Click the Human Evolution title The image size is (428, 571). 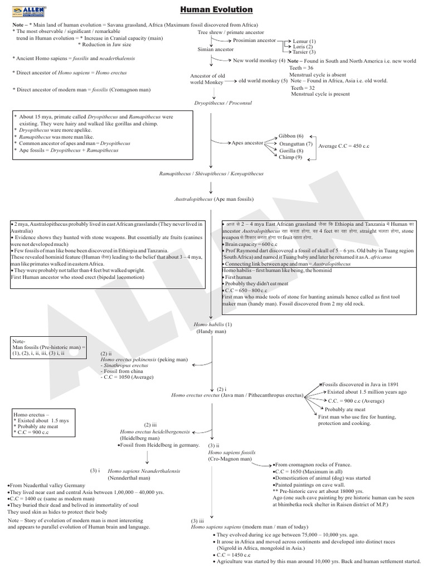(x=217, y=9)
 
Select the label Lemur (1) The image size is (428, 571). (x=304, y=41)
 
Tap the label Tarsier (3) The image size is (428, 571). (x=304, y=52)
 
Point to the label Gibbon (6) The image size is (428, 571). (x=291, y=136)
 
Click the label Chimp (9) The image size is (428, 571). (x=290, y=157)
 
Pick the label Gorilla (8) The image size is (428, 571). (x=291, y=151)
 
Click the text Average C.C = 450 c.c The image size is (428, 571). (x=344, y=146)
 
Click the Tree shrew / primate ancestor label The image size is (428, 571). (x=231, y=32)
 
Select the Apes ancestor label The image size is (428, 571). (x=247, y=143)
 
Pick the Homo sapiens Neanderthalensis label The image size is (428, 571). (x=144, y=471)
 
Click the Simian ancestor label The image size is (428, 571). (x=216, y=50)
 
